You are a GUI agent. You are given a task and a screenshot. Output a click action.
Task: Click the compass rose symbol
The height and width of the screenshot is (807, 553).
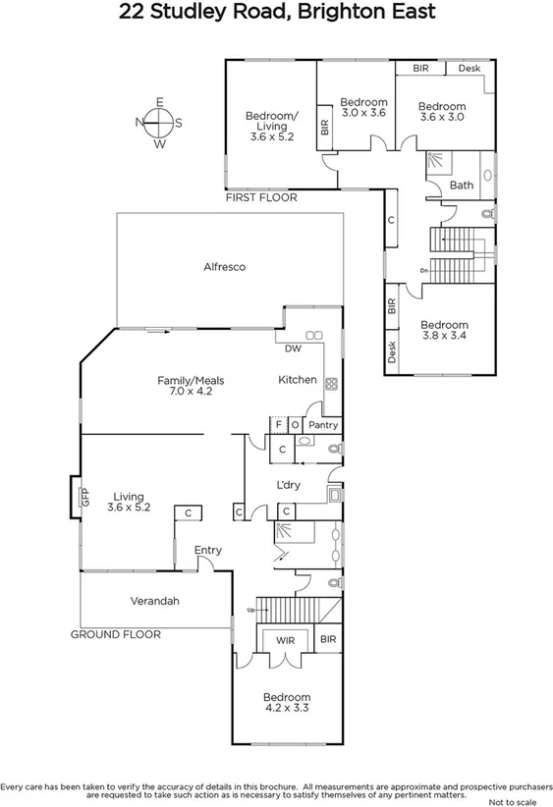tap(158, 123)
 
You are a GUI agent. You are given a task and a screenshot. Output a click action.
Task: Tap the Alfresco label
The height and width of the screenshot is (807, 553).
tap(224, 267)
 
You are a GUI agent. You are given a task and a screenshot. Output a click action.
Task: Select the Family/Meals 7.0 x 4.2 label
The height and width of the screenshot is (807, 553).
tap(186, 385)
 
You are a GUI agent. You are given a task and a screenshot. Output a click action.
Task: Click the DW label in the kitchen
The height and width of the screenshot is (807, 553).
tap(293, 349)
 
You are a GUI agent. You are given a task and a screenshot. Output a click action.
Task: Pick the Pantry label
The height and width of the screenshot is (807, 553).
tap(323, 425)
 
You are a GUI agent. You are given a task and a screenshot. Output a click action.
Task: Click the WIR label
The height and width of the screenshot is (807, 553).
tap(286, 640)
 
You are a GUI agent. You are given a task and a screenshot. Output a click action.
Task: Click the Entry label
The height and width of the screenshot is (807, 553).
tap(207, 550)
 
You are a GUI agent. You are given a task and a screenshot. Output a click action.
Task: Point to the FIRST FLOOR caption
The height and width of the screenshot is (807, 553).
tap(260, 197)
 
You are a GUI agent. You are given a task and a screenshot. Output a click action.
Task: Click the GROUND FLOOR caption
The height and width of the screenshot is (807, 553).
tap(115, 634)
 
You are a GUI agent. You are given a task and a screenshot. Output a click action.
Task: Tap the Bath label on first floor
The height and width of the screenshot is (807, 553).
tap(461, 185)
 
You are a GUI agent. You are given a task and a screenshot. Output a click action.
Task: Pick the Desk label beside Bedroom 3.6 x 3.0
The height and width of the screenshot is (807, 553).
tap(469, 69)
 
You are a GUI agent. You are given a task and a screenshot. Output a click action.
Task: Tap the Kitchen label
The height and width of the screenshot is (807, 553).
tap(297, 380)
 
